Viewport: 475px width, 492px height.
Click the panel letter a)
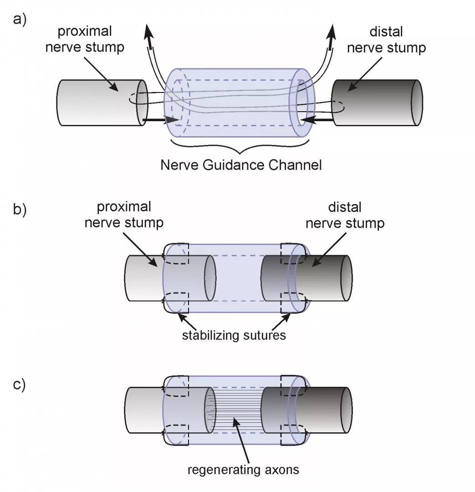tap(21, 21)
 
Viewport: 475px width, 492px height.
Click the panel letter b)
tap(21, 211)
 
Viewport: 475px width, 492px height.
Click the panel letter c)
tap(21, 385)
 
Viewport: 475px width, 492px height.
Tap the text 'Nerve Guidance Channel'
tap(241, 164)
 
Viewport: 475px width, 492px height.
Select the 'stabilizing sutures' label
tap(234, 336)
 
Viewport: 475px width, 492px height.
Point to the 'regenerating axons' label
tap(243, 469)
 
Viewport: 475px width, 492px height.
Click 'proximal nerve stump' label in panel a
tap(85, 39)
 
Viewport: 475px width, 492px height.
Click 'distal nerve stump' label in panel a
tap(386, 39)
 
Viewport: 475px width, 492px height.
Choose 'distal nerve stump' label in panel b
tap(345, 215)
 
